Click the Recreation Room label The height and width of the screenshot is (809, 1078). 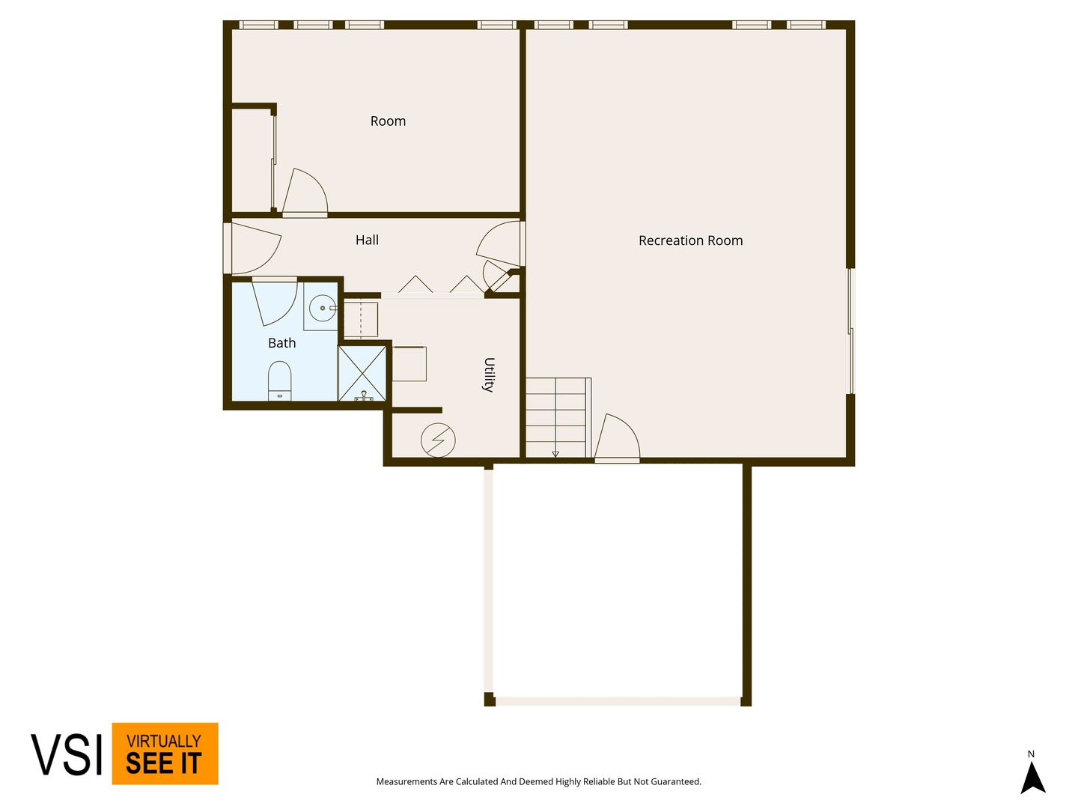[x=690, y=240]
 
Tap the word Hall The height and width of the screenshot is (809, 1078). [x=367, y=240]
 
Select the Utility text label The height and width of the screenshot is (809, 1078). [x=489, y=375]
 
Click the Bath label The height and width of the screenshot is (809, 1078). [x=281, y=342]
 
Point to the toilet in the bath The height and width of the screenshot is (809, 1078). [x=279, y=381]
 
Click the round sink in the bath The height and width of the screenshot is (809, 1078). [x=323, y=308]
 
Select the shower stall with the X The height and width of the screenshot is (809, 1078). [x=362, y=373]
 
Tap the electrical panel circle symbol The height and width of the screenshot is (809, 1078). [x=438, y=440]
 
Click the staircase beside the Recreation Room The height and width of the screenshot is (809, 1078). [x=558, y=417]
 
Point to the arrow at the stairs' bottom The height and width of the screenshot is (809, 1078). [x=555, y=454]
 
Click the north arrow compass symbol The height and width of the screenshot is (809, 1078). [x=1033, y=778]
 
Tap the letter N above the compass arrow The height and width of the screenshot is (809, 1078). [x=1031, y=754]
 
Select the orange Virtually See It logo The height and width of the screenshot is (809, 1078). [x=165, y=754]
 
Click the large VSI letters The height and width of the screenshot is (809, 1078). [x=67, y=754]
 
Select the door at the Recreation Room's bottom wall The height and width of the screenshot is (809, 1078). [x=617, y=437]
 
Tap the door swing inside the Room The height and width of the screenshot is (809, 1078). [x=305, y=192]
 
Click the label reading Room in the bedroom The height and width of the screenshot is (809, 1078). [x=388, y=121]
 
